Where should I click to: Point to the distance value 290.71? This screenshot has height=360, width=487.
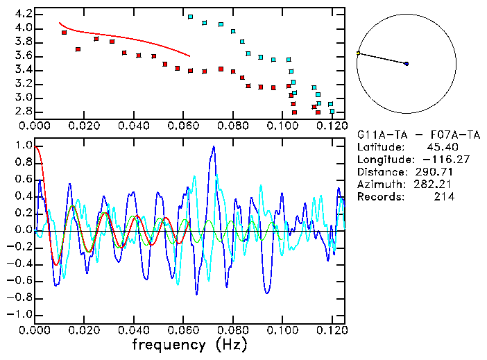(x=436, y=172)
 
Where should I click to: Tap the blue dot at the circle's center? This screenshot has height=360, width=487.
(x=407, y=64)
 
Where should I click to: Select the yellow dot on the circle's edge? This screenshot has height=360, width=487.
(x=358, y=53)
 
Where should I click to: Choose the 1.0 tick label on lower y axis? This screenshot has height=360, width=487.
(x=23, y=146)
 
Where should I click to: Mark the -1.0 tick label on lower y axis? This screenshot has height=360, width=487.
(x=21, y=315)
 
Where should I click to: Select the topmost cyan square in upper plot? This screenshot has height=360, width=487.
(x=191, y=17)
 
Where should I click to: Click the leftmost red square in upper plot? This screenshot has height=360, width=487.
(x=65, y=33)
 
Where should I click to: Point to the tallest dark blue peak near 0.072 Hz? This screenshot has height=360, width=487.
(x=214, y=147)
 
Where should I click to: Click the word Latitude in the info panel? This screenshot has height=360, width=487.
(x=379, y=147)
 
